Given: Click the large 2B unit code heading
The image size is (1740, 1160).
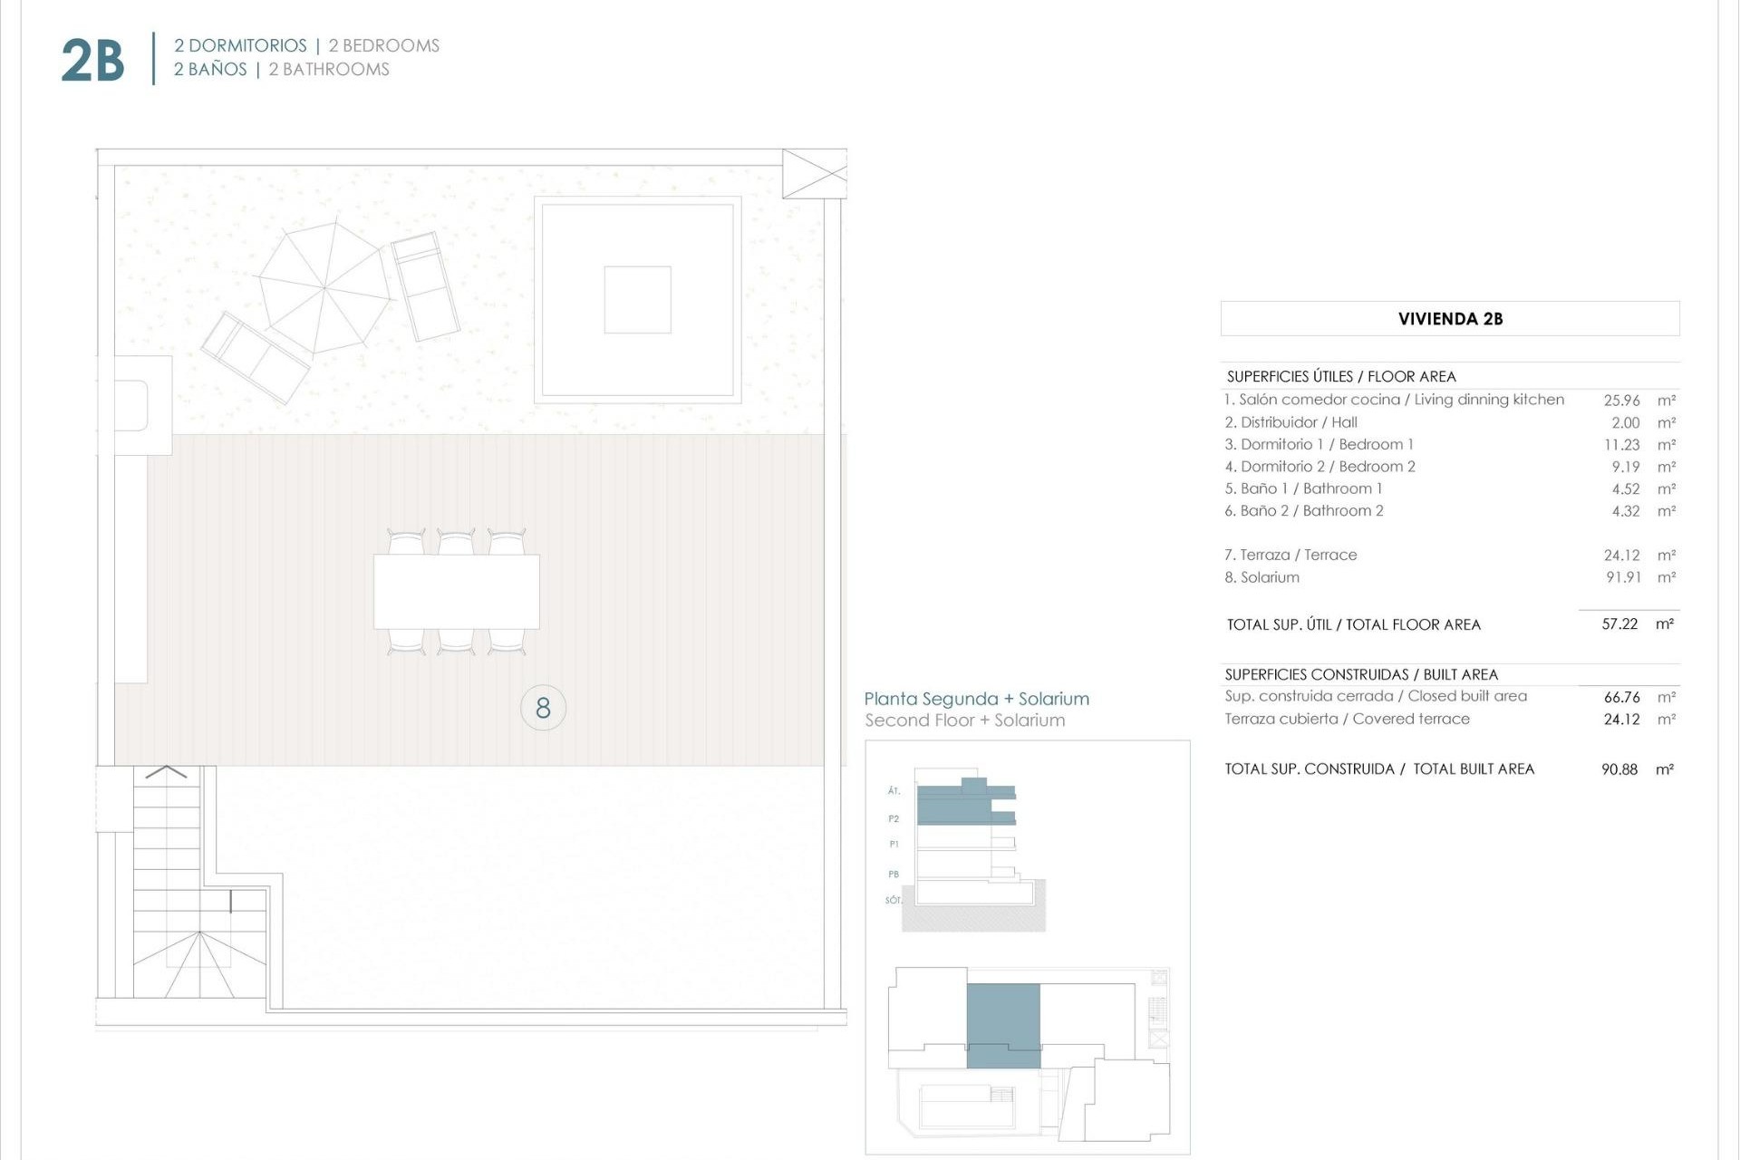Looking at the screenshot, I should pos(92,61).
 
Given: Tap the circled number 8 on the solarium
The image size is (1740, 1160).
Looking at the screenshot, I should pos(543,708).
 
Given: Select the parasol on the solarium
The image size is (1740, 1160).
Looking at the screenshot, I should pos(324,287).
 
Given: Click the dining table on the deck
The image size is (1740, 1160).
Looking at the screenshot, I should pos(457,592).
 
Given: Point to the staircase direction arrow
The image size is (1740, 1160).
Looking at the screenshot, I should pos(166,772).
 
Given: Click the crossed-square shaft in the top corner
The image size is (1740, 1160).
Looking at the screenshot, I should pos(814,173).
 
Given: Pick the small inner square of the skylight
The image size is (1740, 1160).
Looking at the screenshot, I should pos(637,299).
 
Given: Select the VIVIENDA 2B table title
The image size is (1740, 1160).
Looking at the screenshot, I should pos(1450,319).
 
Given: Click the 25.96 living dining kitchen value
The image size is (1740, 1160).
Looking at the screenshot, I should pos(1621,400).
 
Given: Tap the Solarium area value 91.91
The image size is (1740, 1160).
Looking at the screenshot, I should pos(1623,577).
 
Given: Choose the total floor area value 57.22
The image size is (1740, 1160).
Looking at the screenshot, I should pos(1619,624).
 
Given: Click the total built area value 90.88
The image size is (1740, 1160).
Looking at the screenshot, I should pos(1619,769).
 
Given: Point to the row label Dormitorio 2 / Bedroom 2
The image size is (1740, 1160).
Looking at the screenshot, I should pos(1319,467).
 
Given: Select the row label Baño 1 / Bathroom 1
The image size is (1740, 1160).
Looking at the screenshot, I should pos(1303,488).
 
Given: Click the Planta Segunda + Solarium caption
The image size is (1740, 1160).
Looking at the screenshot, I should pos(976,699).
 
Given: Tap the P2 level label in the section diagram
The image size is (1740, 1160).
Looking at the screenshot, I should pos(894,818).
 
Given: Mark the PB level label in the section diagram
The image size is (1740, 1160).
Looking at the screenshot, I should pos(894,875).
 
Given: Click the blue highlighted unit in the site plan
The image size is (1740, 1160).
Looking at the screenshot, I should pos(1003,1024).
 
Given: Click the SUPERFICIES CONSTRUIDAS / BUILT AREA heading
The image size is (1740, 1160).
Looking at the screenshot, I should pos(1361,674).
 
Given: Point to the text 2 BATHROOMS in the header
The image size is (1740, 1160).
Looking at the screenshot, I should pos(329,70).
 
